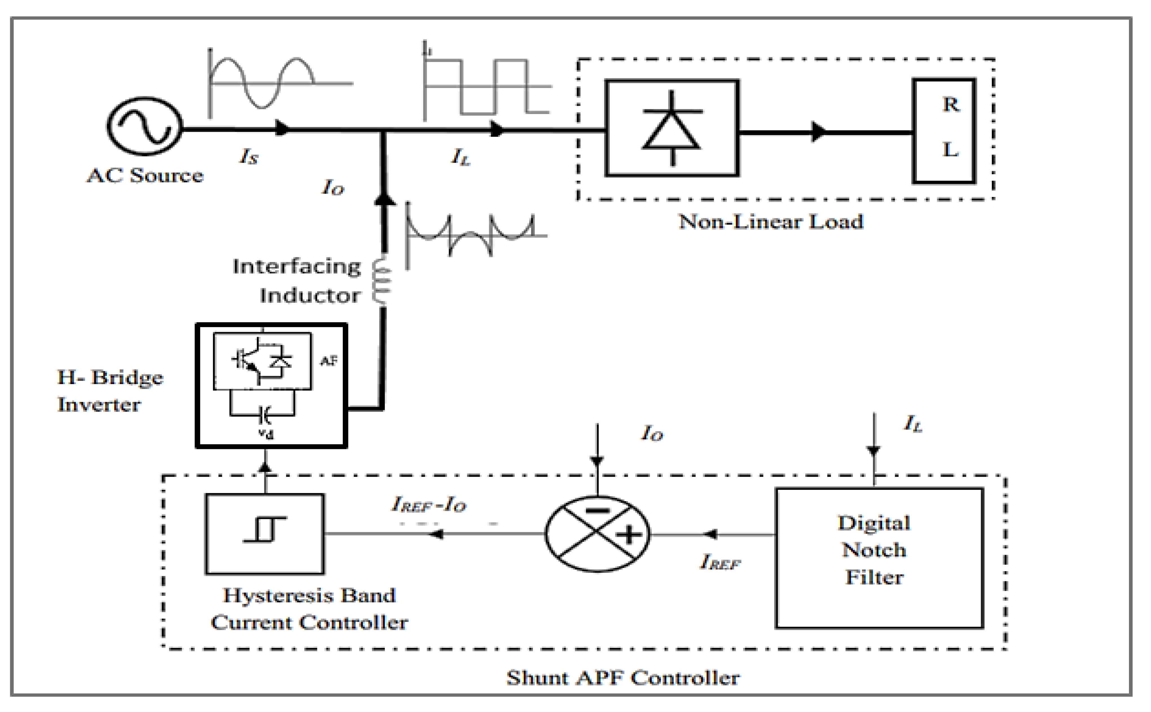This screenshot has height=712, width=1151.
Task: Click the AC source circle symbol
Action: click(x=144, y=126)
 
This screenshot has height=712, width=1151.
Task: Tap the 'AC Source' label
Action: click(x=145, y=176)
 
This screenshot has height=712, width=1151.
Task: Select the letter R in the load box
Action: click(x=950, y=104)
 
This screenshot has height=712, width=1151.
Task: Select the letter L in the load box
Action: click(x=950, y=150)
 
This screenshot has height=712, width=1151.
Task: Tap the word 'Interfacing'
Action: click(x=296, y=266)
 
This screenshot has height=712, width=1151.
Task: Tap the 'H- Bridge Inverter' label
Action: click(x=110, y=391)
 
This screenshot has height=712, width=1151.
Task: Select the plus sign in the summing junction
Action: click(x=629, y=535)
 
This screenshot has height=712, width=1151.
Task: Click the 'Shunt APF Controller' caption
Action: click(x=622, y=678)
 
